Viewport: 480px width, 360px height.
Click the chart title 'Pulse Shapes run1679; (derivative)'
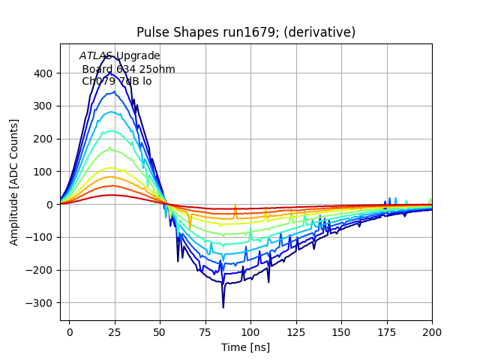tap(246, 32)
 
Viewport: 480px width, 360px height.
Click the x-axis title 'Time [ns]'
tap(246, 347)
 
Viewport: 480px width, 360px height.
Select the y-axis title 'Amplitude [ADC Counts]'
tap(14, 181)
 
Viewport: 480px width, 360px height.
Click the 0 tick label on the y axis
tap(49, 204)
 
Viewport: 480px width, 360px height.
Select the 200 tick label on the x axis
tap(432, 331)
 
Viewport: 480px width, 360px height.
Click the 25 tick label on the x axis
tap(115, 331)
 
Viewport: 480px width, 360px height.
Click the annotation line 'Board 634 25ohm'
tap(128, 69)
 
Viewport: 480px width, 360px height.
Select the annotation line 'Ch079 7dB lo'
tap(116, 81)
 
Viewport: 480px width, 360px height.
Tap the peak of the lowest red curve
tap(112, 195)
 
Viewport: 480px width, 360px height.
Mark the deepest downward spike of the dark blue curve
tap(223, 307)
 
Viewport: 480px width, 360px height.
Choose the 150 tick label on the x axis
tap(341, 331)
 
